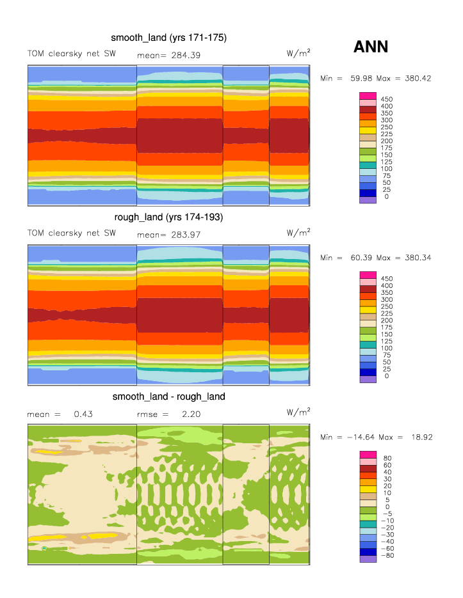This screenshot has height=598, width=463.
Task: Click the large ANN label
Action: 371,47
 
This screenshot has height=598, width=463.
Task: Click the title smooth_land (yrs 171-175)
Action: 168,38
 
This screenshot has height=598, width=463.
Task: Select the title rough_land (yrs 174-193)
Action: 168,217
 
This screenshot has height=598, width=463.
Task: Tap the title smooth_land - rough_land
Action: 168,397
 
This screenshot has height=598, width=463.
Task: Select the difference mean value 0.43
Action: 83,414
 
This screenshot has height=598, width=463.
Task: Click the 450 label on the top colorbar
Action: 386,99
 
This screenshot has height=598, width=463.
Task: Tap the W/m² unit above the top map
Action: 298,53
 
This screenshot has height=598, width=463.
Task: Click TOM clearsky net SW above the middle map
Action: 71,233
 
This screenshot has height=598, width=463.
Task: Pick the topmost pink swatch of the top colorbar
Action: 367,95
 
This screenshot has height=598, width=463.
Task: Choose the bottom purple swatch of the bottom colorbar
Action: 367,559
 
